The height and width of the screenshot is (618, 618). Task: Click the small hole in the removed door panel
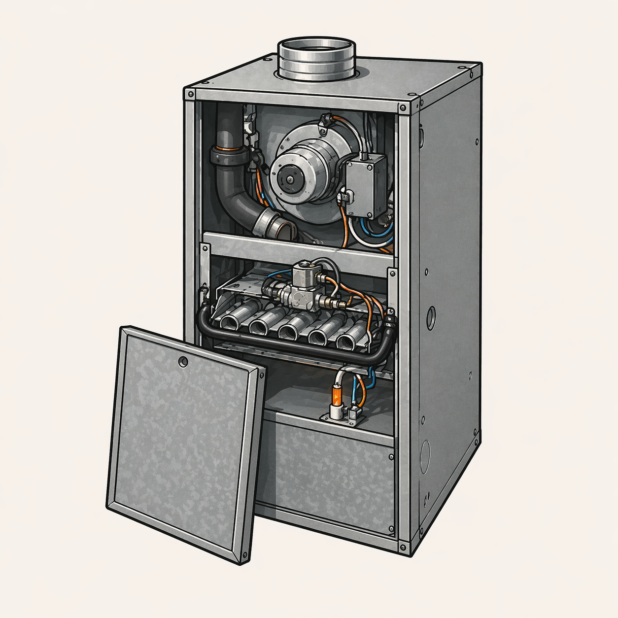pos(183,362)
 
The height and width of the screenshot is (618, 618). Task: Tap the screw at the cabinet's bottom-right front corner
pos(404,548)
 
